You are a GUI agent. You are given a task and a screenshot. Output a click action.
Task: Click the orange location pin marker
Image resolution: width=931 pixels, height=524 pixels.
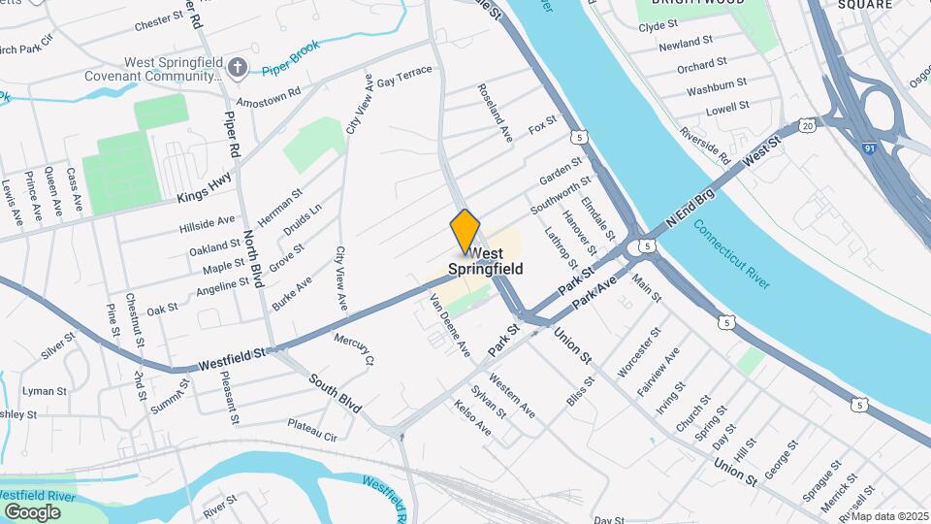tap(465, 231)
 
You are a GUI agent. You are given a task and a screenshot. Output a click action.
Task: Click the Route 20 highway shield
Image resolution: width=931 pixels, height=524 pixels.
tap(808, 126)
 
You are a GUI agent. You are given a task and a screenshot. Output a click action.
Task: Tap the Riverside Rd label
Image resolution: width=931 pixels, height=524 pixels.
tap(705, 146)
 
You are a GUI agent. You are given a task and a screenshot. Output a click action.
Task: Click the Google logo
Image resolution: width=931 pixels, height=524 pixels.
tap(32, 511)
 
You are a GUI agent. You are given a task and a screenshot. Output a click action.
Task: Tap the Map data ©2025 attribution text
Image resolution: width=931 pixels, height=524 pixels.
tap(889, 516)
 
